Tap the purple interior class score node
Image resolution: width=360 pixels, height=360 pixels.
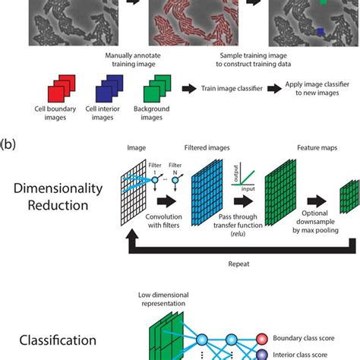click(261, 353)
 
